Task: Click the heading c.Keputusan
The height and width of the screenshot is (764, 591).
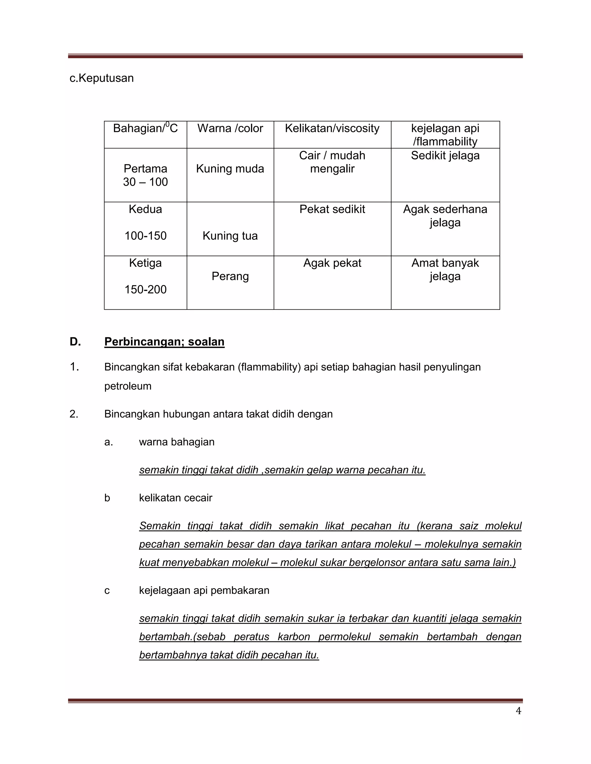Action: click(102, 78)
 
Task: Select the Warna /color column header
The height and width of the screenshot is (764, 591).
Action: click(230, 128)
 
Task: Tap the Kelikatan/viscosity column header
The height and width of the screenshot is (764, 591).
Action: click(332, 128)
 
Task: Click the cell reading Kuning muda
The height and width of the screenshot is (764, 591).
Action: click(230, 169)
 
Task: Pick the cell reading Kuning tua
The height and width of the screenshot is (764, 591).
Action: click(230, 236)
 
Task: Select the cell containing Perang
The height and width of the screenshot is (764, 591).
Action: click(230, 276)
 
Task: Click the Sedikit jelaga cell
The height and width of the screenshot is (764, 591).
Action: click(445, 156)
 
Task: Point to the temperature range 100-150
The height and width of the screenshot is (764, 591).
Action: click(145, 236)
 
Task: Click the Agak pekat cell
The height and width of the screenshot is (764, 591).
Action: click(332, 263)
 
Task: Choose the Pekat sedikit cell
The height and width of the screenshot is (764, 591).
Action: click(332, 209)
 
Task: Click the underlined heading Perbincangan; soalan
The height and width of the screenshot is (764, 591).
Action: click(164, 342)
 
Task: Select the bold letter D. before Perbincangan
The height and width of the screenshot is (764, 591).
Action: click(75, 342)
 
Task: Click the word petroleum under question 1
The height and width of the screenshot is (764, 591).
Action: click(128, 386)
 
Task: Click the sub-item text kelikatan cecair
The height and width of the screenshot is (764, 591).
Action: click(175, 498)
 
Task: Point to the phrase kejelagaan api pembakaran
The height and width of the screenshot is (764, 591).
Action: click(204, 590)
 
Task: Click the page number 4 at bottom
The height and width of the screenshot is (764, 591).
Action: click(518, 711)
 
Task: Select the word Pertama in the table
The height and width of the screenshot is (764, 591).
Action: click(145, 169)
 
